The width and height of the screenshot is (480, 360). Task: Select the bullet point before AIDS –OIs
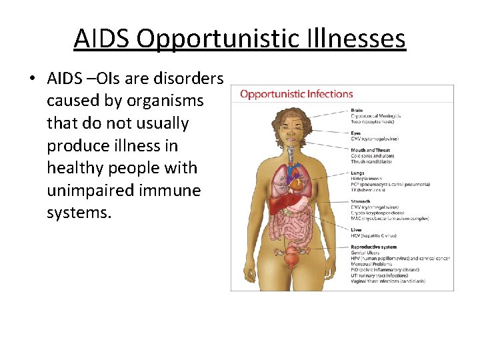tap(31, 79)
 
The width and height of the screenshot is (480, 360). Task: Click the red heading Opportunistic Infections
tap(296, 94)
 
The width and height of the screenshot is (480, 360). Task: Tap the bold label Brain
tap(357, 111)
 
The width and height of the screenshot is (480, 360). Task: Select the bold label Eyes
tap(356, 133)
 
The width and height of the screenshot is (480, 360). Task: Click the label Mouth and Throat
tap(370, 150)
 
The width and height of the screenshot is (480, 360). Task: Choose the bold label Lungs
tap(358, 173)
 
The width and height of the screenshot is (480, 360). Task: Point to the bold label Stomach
tap(360, 201)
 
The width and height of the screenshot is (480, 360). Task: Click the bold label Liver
tap(356, 229)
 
